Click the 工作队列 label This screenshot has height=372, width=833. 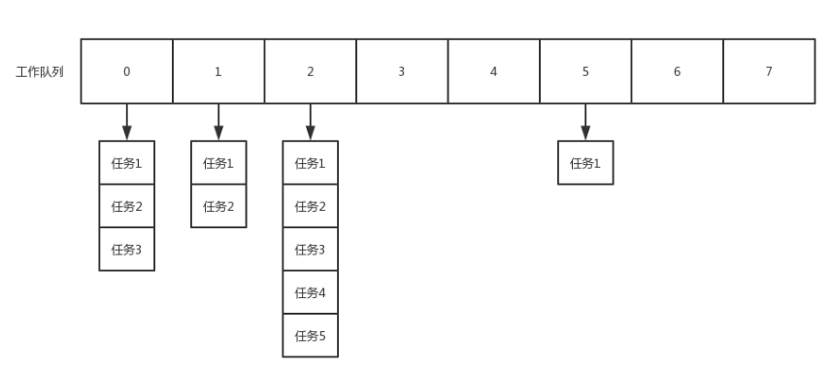(x=40, y=72)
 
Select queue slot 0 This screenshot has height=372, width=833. (x=126, y=71)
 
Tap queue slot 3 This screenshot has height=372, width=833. (x=402, y=71)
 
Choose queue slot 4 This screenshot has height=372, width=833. (x=493, y=71)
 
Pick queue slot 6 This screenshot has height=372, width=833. (x=677, y=71)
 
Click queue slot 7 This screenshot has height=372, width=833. (x=769, y=71)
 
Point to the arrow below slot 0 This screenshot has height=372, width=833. (x=126, y=121)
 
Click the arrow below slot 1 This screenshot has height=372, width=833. (x=218, y=121)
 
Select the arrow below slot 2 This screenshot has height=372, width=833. (x=311, y=121)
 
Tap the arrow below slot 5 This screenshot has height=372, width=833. (x=585, y=121)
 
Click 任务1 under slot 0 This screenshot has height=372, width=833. (x=126, y=163)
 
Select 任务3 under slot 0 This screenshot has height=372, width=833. (x=126, y=250)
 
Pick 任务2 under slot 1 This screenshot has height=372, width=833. (x=218, y=206)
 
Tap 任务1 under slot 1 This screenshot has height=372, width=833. (x=218, y=163)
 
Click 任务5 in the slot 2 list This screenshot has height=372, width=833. (x=311, y=336)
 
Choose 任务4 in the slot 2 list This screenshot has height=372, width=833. (x=311, y=292)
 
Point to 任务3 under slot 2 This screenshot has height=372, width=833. (x=311, y=250)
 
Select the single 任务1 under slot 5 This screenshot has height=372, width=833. (x=585, y=163)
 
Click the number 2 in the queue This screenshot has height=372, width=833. (x=311, y=72)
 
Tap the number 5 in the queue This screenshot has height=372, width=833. (x=585, y=72)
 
